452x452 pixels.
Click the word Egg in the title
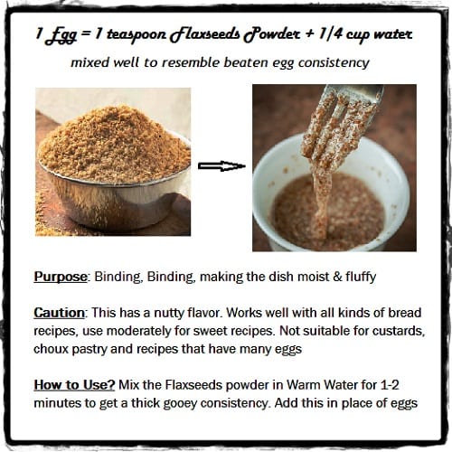pos(61,35)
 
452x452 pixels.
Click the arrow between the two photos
pos(221,166)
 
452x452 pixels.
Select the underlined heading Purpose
pos(61,277)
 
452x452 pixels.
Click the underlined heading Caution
pos(59,313)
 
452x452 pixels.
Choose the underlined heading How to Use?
pos(74,385)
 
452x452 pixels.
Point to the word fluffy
pos(361,277)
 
